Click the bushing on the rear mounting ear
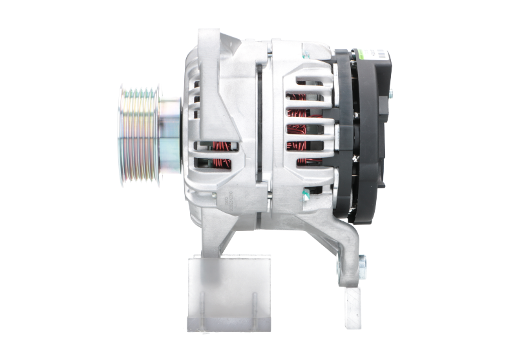pyautogui.click(x=360, y=263)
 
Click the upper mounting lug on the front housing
pyautogui.click(x=213, y=45)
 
